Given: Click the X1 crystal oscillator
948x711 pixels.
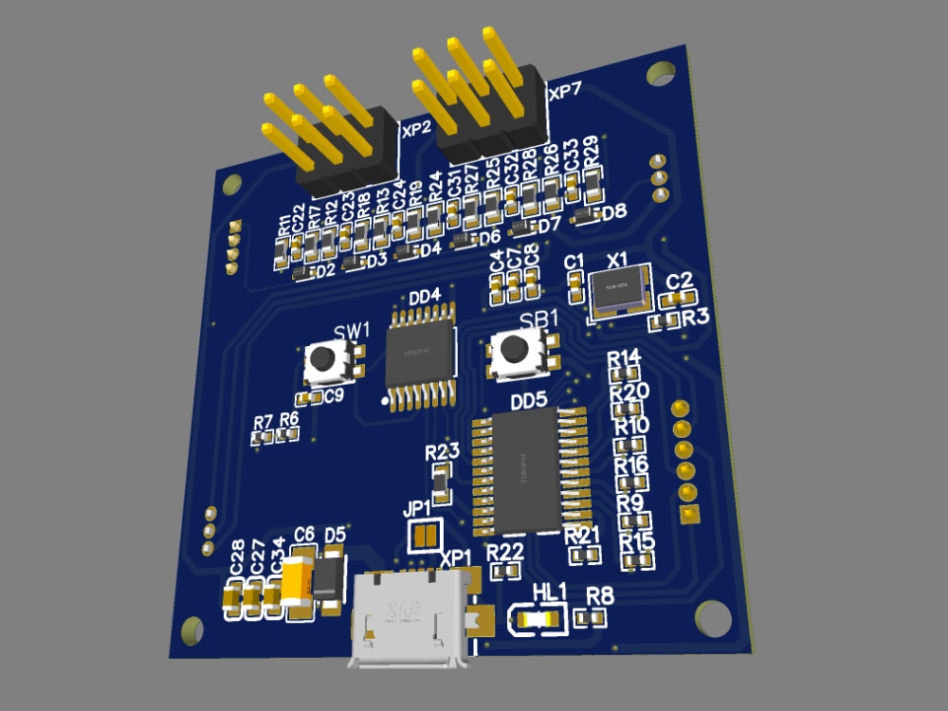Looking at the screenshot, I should (x=618, y=288).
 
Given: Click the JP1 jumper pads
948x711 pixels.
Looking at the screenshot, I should (x=424, y=538).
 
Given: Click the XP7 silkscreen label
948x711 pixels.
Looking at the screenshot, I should (x=565, y=92).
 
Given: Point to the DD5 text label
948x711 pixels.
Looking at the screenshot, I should (x=528, y=401).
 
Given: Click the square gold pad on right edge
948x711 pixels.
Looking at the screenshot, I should (x=690, y=514).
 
